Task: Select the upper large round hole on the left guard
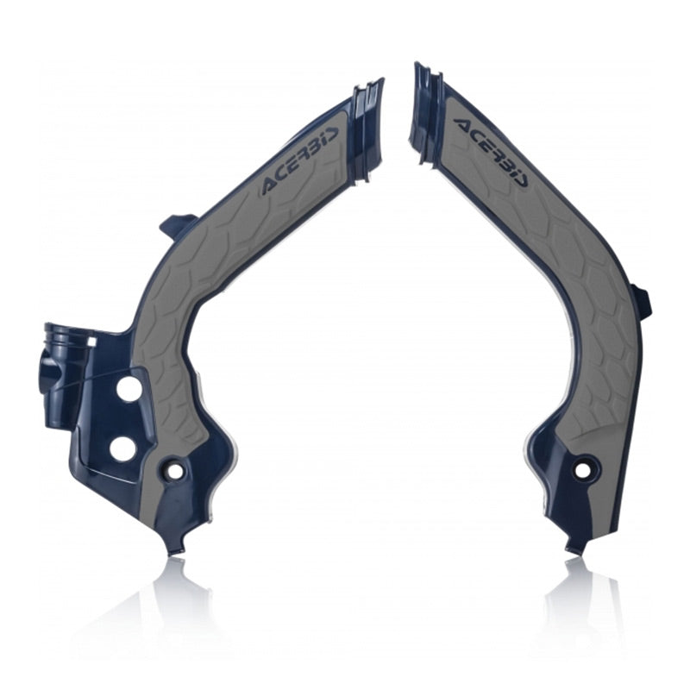click(130, 389)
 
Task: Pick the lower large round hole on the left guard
click(122, 448)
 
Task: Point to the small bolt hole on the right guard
click(584, 468)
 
